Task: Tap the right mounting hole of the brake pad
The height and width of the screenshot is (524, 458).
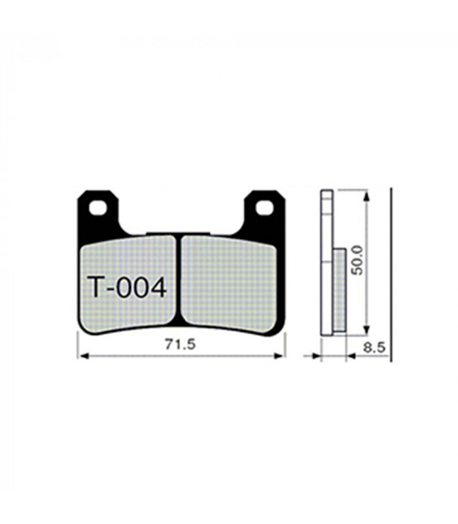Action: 264,208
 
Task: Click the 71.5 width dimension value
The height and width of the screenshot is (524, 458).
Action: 181,345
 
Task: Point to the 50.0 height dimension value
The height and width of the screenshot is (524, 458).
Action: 356,260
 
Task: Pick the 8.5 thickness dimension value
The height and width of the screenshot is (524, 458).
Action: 374,348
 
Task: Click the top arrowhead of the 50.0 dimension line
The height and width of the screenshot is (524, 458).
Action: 366,195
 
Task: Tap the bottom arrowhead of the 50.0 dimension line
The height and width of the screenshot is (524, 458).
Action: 366,331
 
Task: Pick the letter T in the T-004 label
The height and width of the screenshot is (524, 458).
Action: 95,287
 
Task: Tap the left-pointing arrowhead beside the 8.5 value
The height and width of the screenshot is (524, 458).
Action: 351,357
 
